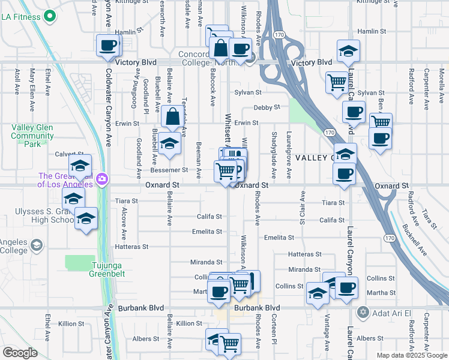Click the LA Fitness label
click(23, 17)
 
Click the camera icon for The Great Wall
click(103, 179)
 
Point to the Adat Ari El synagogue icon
click(363, 312)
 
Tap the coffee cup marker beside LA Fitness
click(108, 46)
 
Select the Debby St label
click(267, 107)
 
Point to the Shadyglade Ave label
click(274, 155)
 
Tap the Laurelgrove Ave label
click(289, 155)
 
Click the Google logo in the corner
click(20, 353)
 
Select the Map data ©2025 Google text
click(411, 355)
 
